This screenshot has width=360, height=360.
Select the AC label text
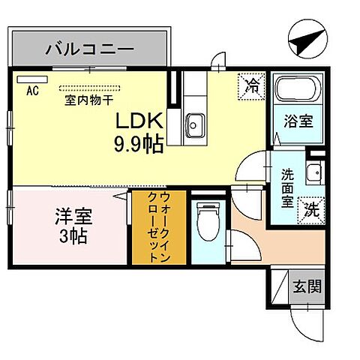tap(32, 91)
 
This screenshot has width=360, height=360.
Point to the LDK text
tap(137, 122)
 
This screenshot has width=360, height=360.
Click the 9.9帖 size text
tap(138, 144)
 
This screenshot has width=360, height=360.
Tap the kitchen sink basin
tap(197, 122)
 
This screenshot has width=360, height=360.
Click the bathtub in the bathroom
tap(297, 91)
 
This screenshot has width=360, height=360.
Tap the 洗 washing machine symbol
tap(310, 211)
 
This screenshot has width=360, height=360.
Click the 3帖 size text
tap(73, 238)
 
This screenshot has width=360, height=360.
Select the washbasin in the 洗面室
tap(315, 172)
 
